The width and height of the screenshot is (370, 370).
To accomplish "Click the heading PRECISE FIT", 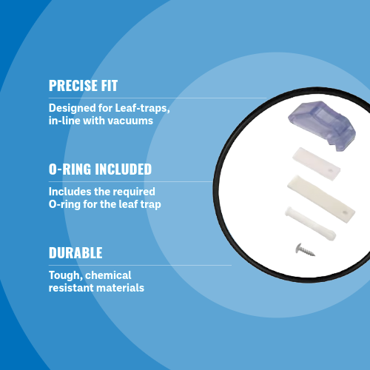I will (83, 85).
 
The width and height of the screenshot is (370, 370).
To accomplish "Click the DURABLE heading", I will (75, 252).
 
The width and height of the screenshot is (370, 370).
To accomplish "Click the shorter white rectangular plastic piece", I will (317, 164).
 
